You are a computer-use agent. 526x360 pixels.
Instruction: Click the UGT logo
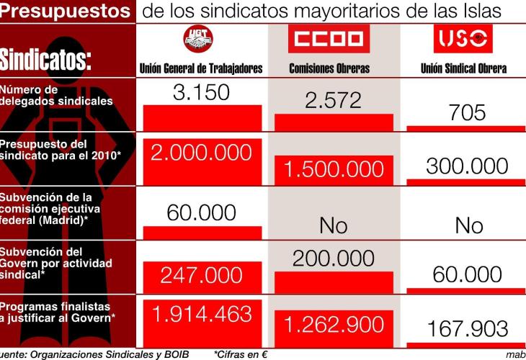[x=200, y=42]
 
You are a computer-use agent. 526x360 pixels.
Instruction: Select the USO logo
[x=463, y=39]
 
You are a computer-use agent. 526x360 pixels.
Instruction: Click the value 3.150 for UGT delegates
[x=201, y=93]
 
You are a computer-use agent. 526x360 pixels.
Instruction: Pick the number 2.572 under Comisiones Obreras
[x=332, y=100]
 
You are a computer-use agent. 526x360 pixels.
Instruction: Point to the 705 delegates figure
[x=467, y=112]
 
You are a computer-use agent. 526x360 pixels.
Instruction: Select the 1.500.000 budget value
[x=333, y=170]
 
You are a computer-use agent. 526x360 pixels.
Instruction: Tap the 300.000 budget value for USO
[x=467, y=166]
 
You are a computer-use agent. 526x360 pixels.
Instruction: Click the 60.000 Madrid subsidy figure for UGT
[x=201, y=212]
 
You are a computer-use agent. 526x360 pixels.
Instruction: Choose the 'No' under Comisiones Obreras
[x=333, y=225]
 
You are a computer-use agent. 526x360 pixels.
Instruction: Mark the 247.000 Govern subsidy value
[x=201, y=275]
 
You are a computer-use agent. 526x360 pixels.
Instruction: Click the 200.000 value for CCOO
[x=333, y=258]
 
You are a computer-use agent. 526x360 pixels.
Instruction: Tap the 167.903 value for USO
[x=467, y=329]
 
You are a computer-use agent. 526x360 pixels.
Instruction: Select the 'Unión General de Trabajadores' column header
[x=201, y=69]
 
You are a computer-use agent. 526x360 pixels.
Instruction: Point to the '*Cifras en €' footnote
[x=241, y=354]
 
